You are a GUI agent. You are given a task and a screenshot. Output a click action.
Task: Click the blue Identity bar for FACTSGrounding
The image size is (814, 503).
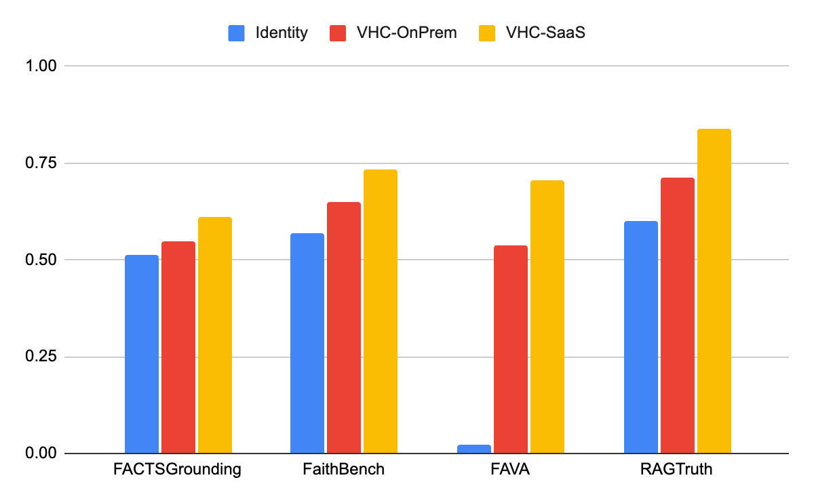pos(142,354)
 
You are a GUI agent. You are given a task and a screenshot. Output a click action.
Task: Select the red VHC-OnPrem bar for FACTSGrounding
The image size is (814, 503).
pos(178,347)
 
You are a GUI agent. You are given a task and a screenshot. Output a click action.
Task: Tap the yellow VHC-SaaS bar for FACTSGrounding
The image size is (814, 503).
pos(215,335)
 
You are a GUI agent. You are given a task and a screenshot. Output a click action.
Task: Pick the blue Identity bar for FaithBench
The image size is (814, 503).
pos(307,343)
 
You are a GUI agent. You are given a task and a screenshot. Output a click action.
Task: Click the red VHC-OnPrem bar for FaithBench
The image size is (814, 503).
pos(344,327)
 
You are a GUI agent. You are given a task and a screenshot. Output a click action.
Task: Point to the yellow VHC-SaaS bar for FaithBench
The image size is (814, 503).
pos(381,311)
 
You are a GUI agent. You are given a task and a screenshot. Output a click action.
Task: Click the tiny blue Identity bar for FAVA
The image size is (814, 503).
pos(474,449)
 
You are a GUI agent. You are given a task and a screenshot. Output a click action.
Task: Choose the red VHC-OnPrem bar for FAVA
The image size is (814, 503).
pos(511,349)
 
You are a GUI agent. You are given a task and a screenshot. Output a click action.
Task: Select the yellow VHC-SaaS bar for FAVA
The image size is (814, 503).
pos(547,317)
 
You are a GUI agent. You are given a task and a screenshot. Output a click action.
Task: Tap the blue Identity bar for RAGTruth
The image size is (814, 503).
pos(641,337)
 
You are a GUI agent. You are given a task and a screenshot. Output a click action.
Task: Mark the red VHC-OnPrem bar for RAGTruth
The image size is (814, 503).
pos(678,315)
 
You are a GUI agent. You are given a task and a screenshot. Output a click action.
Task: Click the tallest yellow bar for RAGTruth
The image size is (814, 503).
pos(714,291)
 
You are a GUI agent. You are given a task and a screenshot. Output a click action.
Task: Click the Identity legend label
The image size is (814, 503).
pos(282,33)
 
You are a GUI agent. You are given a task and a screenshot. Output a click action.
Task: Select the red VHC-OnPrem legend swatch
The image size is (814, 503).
pos(338,33)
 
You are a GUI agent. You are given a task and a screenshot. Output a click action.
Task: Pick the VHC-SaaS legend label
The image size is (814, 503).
pos(545,33)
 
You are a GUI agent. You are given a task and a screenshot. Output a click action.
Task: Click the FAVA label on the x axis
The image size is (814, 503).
pos(511,469)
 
